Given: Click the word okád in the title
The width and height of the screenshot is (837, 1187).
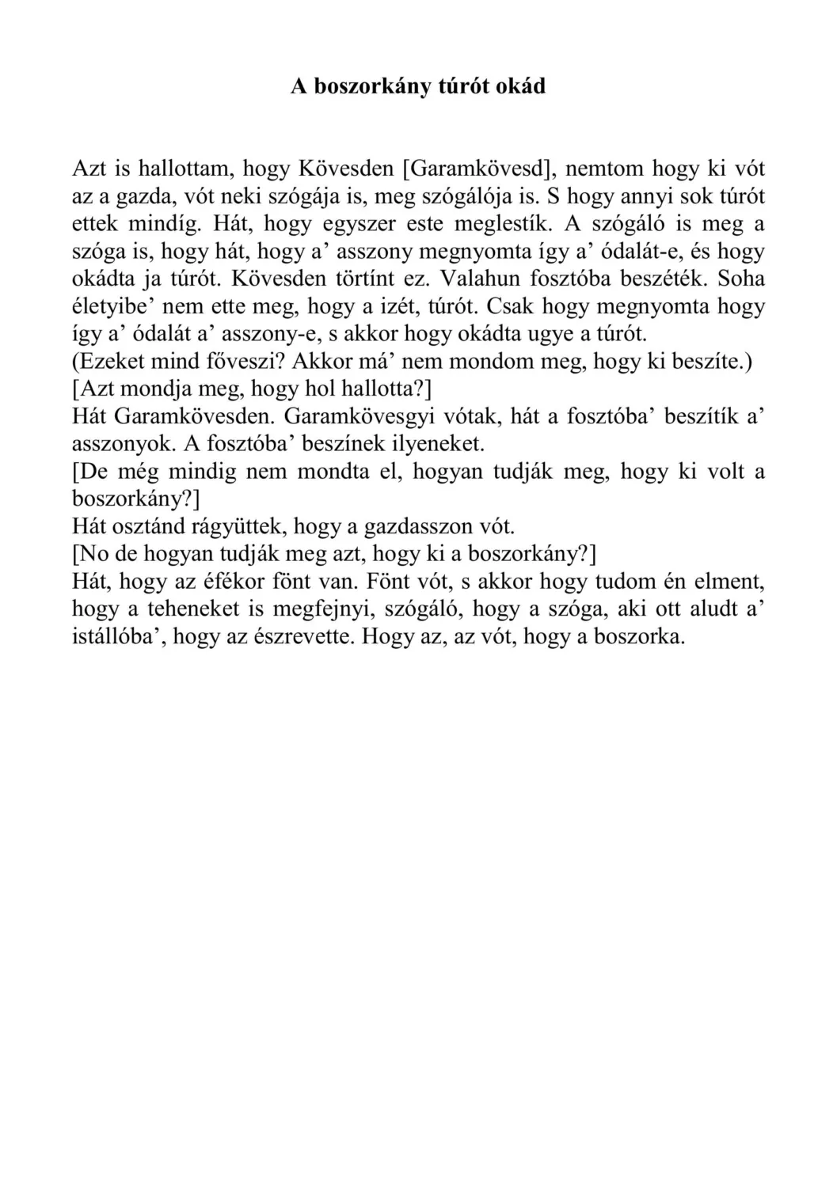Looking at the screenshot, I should [519, 86].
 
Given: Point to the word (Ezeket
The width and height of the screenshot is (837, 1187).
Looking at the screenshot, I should [111, 362].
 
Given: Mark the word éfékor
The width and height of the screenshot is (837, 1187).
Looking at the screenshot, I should [227, 582].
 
